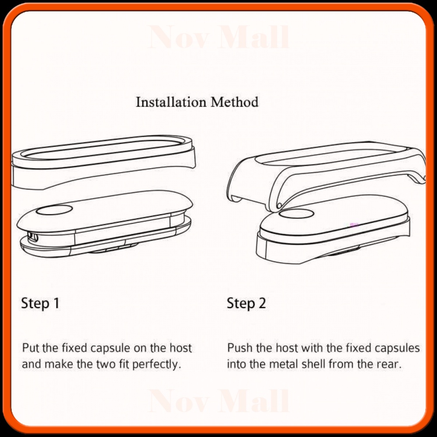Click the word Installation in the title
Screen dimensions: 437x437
[x=171, y=102]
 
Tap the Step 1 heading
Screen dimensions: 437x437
[x=40, y=303]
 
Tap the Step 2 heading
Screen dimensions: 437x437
[x=246, y=303]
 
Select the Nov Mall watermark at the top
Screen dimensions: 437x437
[x=218, y=38]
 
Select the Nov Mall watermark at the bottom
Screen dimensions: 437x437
[x=218, y=401]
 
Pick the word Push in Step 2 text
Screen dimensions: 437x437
[x=238, y=348]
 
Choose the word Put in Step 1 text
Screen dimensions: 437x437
[x=30, y=348]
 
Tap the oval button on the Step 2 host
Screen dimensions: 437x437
[x=296, y=214]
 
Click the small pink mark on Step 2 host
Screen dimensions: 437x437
[x=354, y=225]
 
